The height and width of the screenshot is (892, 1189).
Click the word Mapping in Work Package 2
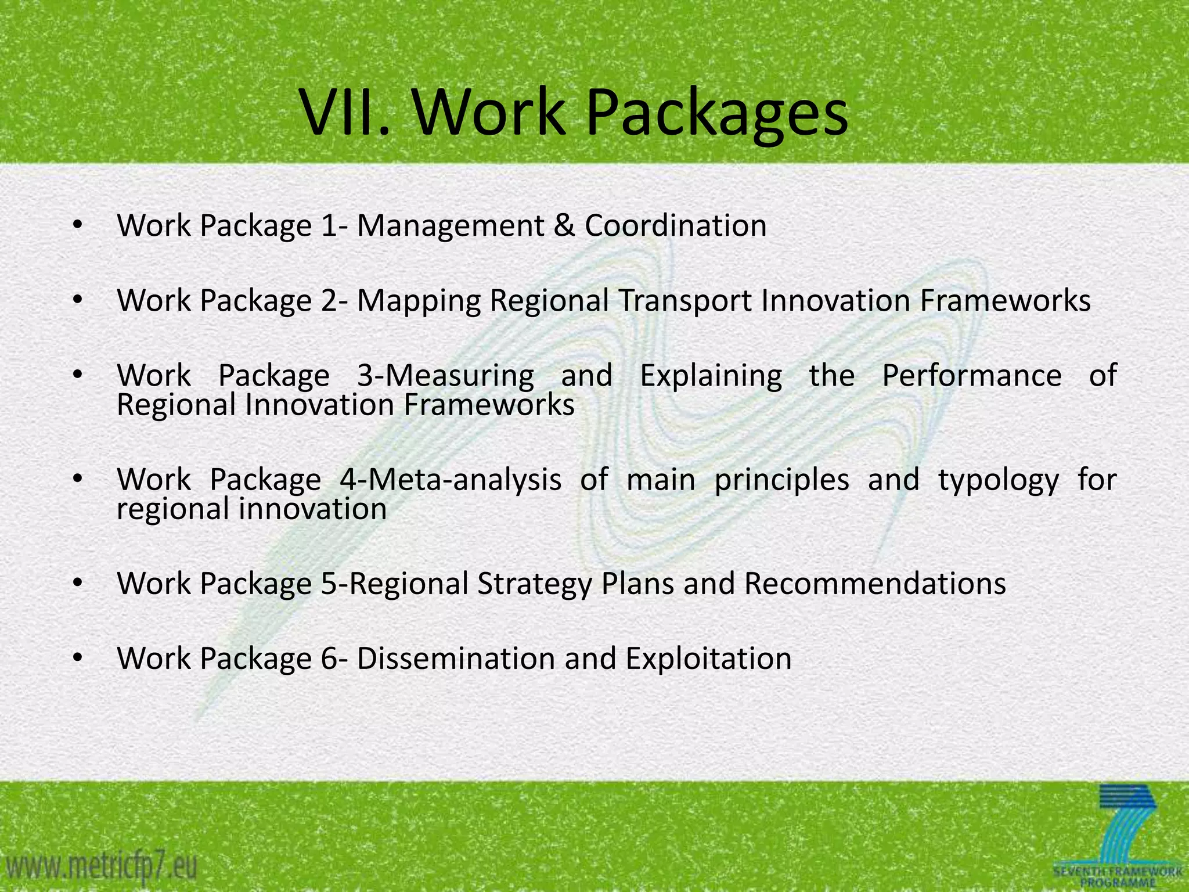[419, 301]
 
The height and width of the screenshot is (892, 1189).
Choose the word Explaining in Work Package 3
[711, 376]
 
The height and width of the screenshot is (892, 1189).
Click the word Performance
[972, 376]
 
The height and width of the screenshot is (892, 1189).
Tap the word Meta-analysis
[458, 480]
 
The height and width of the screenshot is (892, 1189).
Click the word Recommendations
[875, 584]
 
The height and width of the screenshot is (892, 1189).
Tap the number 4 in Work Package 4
[348, 480]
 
